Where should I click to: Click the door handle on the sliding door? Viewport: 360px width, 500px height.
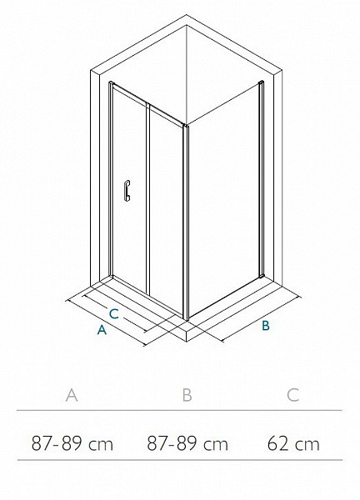point(127,191)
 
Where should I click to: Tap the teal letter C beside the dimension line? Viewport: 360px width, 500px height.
point(114,314)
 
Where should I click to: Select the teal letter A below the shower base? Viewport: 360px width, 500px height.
point(102,330)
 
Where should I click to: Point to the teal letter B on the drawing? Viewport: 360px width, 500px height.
point(266,326)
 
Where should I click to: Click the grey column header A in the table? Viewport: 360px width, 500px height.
point(72,395)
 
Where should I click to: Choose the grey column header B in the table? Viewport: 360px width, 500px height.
point(187,395)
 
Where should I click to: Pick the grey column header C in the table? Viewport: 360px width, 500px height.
point(292,395)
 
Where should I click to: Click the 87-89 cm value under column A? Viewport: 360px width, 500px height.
point(72,443)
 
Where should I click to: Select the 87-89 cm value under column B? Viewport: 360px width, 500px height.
point(187,443)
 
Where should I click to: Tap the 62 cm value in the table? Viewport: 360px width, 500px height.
point(293,443)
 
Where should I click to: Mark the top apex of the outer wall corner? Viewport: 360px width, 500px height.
point(187,14)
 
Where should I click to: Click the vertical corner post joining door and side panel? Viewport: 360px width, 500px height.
point(186,222)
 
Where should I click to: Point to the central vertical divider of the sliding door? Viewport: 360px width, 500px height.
point(148,198)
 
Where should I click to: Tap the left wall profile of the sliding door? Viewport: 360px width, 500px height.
point(111,178)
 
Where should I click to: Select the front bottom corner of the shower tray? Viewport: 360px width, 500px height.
point(187,342)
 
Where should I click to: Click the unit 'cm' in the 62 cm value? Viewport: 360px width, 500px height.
point(307,445)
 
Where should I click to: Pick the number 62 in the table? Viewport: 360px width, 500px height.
point(278,443)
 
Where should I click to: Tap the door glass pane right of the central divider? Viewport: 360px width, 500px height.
point(166,207)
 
